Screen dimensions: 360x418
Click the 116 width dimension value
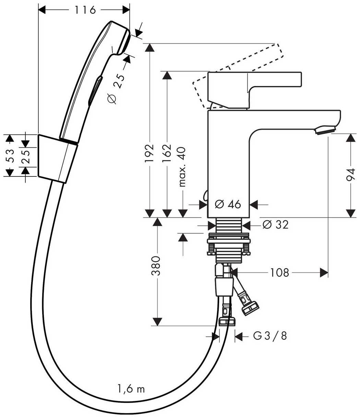pos(85,10)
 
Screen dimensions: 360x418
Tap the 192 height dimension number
pos(149,153)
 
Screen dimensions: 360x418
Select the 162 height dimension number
pos(167,153)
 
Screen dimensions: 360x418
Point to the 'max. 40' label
pos(182,167)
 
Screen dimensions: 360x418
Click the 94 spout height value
pos(350,174)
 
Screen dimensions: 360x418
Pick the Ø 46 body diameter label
pos(228,204)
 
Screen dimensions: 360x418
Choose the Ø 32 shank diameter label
pos(275,225)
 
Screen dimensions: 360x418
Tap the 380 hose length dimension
pos(156,266)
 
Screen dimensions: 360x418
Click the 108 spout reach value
pos(280,273)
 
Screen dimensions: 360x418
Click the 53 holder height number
pos(10,156)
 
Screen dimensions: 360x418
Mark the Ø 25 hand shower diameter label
pos(116,89)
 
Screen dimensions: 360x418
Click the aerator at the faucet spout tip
pos(325,131)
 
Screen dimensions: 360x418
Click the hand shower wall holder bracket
pos(58,159)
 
